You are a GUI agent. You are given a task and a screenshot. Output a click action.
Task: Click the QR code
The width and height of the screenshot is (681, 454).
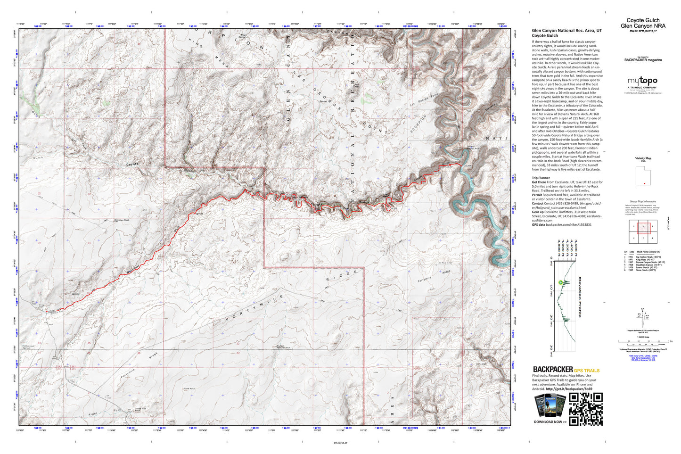click(x=586, y=409)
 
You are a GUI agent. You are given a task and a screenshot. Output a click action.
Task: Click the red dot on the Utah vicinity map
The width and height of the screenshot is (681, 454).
click(x=644, y=183)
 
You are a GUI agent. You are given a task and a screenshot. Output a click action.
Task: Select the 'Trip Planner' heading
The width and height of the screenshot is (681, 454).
click(x=541, y=178)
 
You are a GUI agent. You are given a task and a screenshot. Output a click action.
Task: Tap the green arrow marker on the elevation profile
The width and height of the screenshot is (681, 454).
click(x=560, y=283)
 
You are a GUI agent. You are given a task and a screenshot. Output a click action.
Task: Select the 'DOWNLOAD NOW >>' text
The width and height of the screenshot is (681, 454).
click(x=550, y=422)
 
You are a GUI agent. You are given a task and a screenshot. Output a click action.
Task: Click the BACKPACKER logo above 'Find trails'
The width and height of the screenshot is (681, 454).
click(x=552, y=370)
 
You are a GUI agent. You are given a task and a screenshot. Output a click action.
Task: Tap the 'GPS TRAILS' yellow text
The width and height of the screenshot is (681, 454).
click(x=587, y=371)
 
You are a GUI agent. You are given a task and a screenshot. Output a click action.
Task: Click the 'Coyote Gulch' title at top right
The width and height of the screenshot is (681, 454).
click(x=643, y=20)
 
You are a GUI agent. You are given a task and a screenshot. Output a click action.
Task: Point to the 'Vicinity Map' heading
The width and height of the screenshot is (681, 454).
click(x=643, y=158)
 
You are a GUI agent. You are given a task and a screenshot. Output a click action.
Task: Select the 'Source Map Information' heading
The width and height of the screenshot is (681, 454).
click(x=643, y=201)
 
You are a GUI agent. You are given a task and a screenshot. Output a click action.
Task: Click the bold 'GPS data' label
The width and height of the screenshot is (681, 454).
click(x=539, y=225)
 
